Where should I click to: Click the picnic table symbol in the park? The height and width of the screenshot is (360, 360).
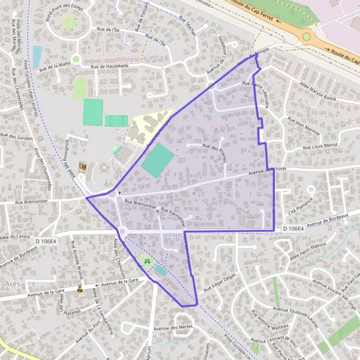click(x=146, y=260)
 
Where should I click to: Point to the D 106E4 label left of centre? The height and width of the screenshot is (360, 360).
click(x=45, y=241)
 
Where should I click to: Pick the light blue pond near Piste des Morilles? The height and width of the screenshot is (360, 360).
click(x=37, y=56)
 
